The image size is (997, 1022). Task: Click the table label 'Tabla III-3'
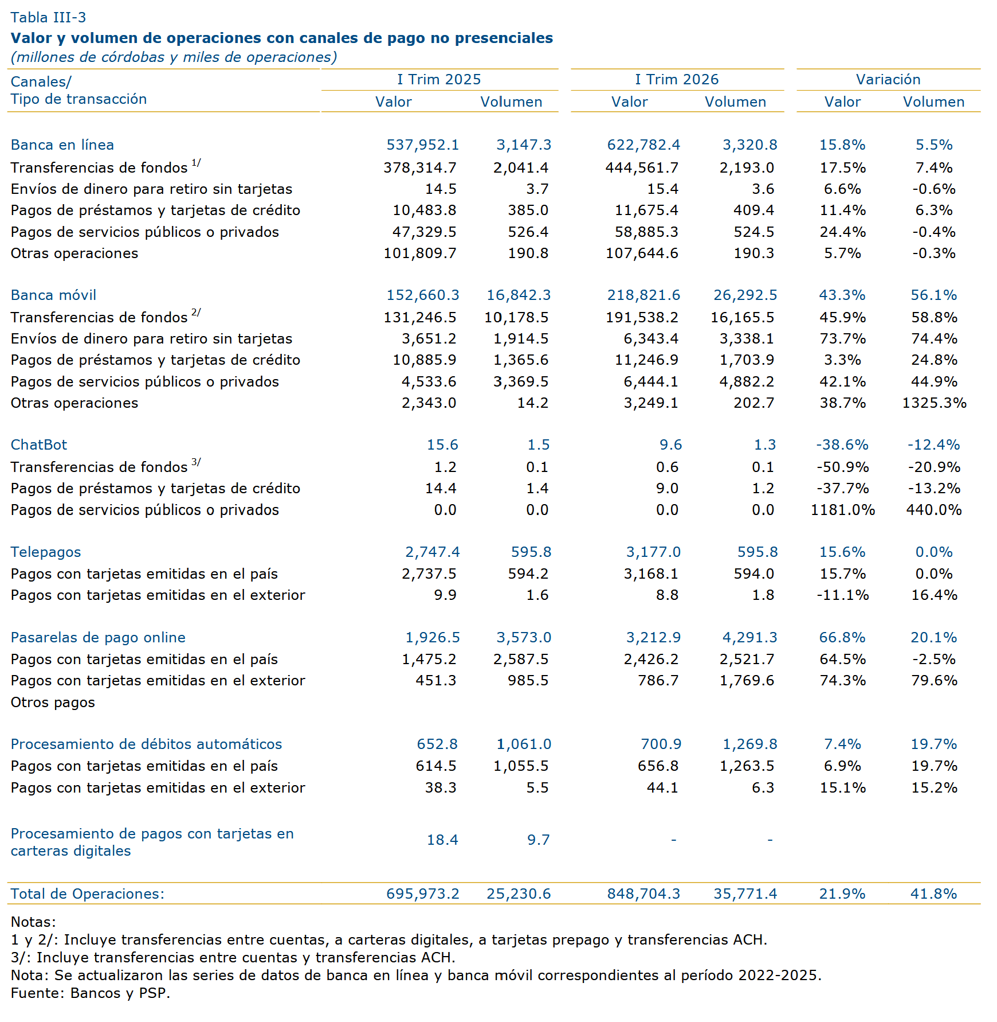pos(48,17)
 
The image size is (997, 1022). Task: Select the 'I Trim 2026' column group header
pos(677,79)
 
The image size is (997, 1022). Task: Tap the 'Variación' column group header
pos(888,79)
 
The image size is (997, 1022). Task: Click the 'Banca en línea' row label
pos(62,145)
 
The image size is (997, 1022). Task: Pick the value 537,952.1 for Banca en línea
pos(423,145)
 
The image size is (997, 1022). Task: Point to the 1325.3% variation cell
pos(935,403)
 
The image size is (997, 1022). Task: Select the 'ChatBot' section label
pos(39,444)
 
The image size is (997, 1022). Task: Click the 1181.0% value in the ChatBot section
pos(843,510)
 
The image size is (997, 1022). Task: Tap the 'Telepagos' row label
pos(46,552)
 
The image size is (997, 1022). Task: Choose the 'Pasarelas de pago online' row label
pos(98,637)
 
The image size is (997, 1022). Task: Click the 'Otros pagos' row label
pos(53,702)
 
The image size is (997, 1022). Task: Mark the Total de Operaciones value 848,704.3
pos(644,894)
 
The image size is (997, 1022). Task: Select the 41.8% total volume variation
pos(934,894)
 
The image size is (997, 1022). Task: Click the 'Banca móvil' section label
pos(53,295)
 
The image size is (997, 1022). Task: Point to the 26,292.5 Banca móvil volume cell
pos(745,295)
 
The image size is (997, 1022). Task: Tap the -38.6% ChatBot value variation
pos(842,444)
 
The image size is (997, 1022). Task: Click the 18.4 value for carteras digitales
pos(442,840)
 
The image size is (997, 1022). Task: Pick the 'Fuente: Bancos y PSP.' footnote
pos(91,993)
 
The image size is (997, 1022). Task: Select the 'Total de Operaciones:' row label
pos(88,894)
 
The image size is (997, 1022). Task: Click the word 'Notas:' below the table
pos(33,922)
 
